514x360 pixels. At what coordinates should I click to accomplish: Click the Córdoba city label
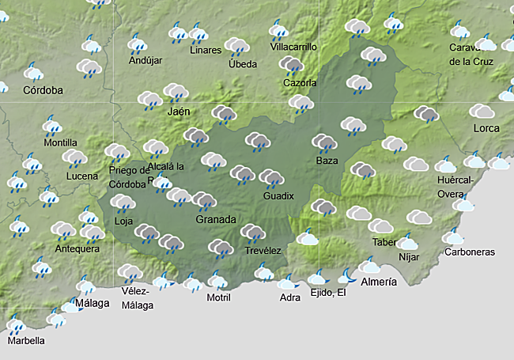point(43,90)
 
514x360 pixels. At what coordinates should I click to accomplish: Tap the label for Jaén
point(179,112)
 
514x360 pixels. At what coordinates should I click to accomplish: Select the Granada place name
point(216,219)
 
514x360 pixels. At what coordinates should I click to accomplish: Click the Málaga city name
point(92,303)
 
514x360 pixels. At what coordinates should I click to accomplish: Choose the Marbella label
point(26,341)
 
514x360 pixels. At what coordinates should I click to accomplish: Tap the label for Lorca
point(486,128)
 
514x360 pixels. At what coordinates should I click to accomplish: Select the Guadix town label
point(278,195)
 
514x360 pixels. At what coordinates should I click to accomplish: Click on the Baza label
point(326,161)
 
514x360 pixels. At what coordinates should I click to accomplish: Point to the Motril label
point(218,297)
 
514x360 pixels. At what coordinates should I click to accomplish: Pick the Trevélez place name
point(263,250)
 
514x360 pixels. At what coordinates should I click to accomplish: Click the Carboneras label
point(470,252)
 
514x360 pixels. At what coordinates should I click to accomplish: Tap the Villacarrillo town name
point(293,47)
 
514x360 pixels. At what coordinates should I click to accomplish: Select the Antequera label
point(77,248)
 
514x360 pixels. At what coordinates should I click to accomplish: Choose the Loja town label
point(124,222)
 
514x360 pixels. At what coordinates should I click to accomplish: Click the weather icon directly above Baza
point(324,142)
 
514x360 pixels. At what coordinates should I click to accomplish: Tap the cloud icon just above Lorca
point(481,111)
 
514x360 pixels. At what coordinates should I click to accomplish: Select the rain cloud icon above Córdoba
point(34,73)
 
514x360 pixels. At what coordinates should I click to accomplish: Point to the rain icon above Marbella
point(15,324)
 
